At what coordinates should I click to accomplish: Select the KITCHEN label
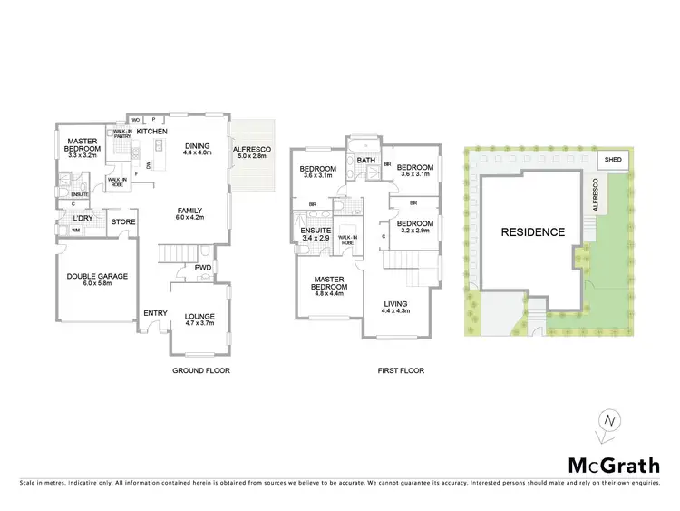point(152,133)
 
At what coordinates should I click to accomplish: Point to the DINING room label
point(197,145)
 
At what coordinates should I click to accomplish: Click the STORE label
point(123,221)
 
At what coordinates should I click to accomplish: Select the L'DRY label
point(83,219)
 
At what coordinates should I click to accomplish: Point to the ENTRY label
point(155,314)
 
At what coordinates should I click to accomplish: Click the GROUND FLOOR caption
point(200,370)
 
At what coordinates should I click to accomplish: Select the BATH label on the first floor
point(366,161)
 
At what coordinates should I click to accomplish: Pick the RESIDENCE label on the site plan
point(532,232)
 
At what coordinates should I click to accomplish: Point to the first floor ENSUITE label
point(316,231)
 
